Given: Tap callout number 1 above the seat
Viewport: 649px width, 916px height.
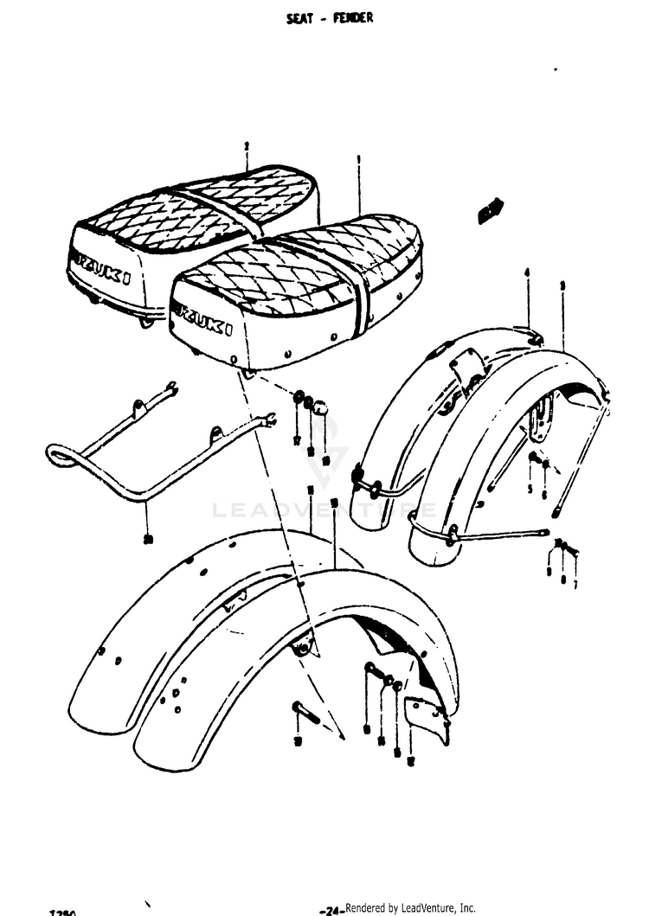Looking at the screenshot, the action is [358, 160].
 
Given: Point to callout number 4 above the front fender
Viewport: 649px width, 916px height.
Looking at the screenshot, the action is [526, 274].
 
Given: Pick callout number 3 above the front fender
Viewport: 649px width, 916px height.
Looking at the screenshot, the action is [562, 285].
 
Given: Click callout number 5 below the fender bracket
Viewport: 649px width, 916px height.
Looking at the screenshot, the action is [530, 489].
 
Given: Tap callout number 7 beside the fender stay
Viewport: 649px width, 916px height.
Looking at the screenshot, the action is [575, 584].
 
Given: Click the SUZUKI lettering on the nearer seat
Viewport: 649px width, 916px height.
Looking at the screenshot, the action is [202, 317].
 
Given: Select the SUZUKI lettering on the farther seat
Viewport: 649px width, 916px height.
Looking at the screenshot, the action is [101, 266].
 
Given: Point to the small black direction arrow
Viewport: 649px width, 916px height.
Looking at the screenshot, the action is [490, 210].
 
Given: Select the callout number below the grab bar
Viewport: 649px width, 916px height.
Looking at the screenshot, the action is [147, 539].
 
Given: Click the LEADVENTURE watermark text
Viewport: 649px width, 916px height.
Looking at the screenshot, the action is [324, 510].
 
